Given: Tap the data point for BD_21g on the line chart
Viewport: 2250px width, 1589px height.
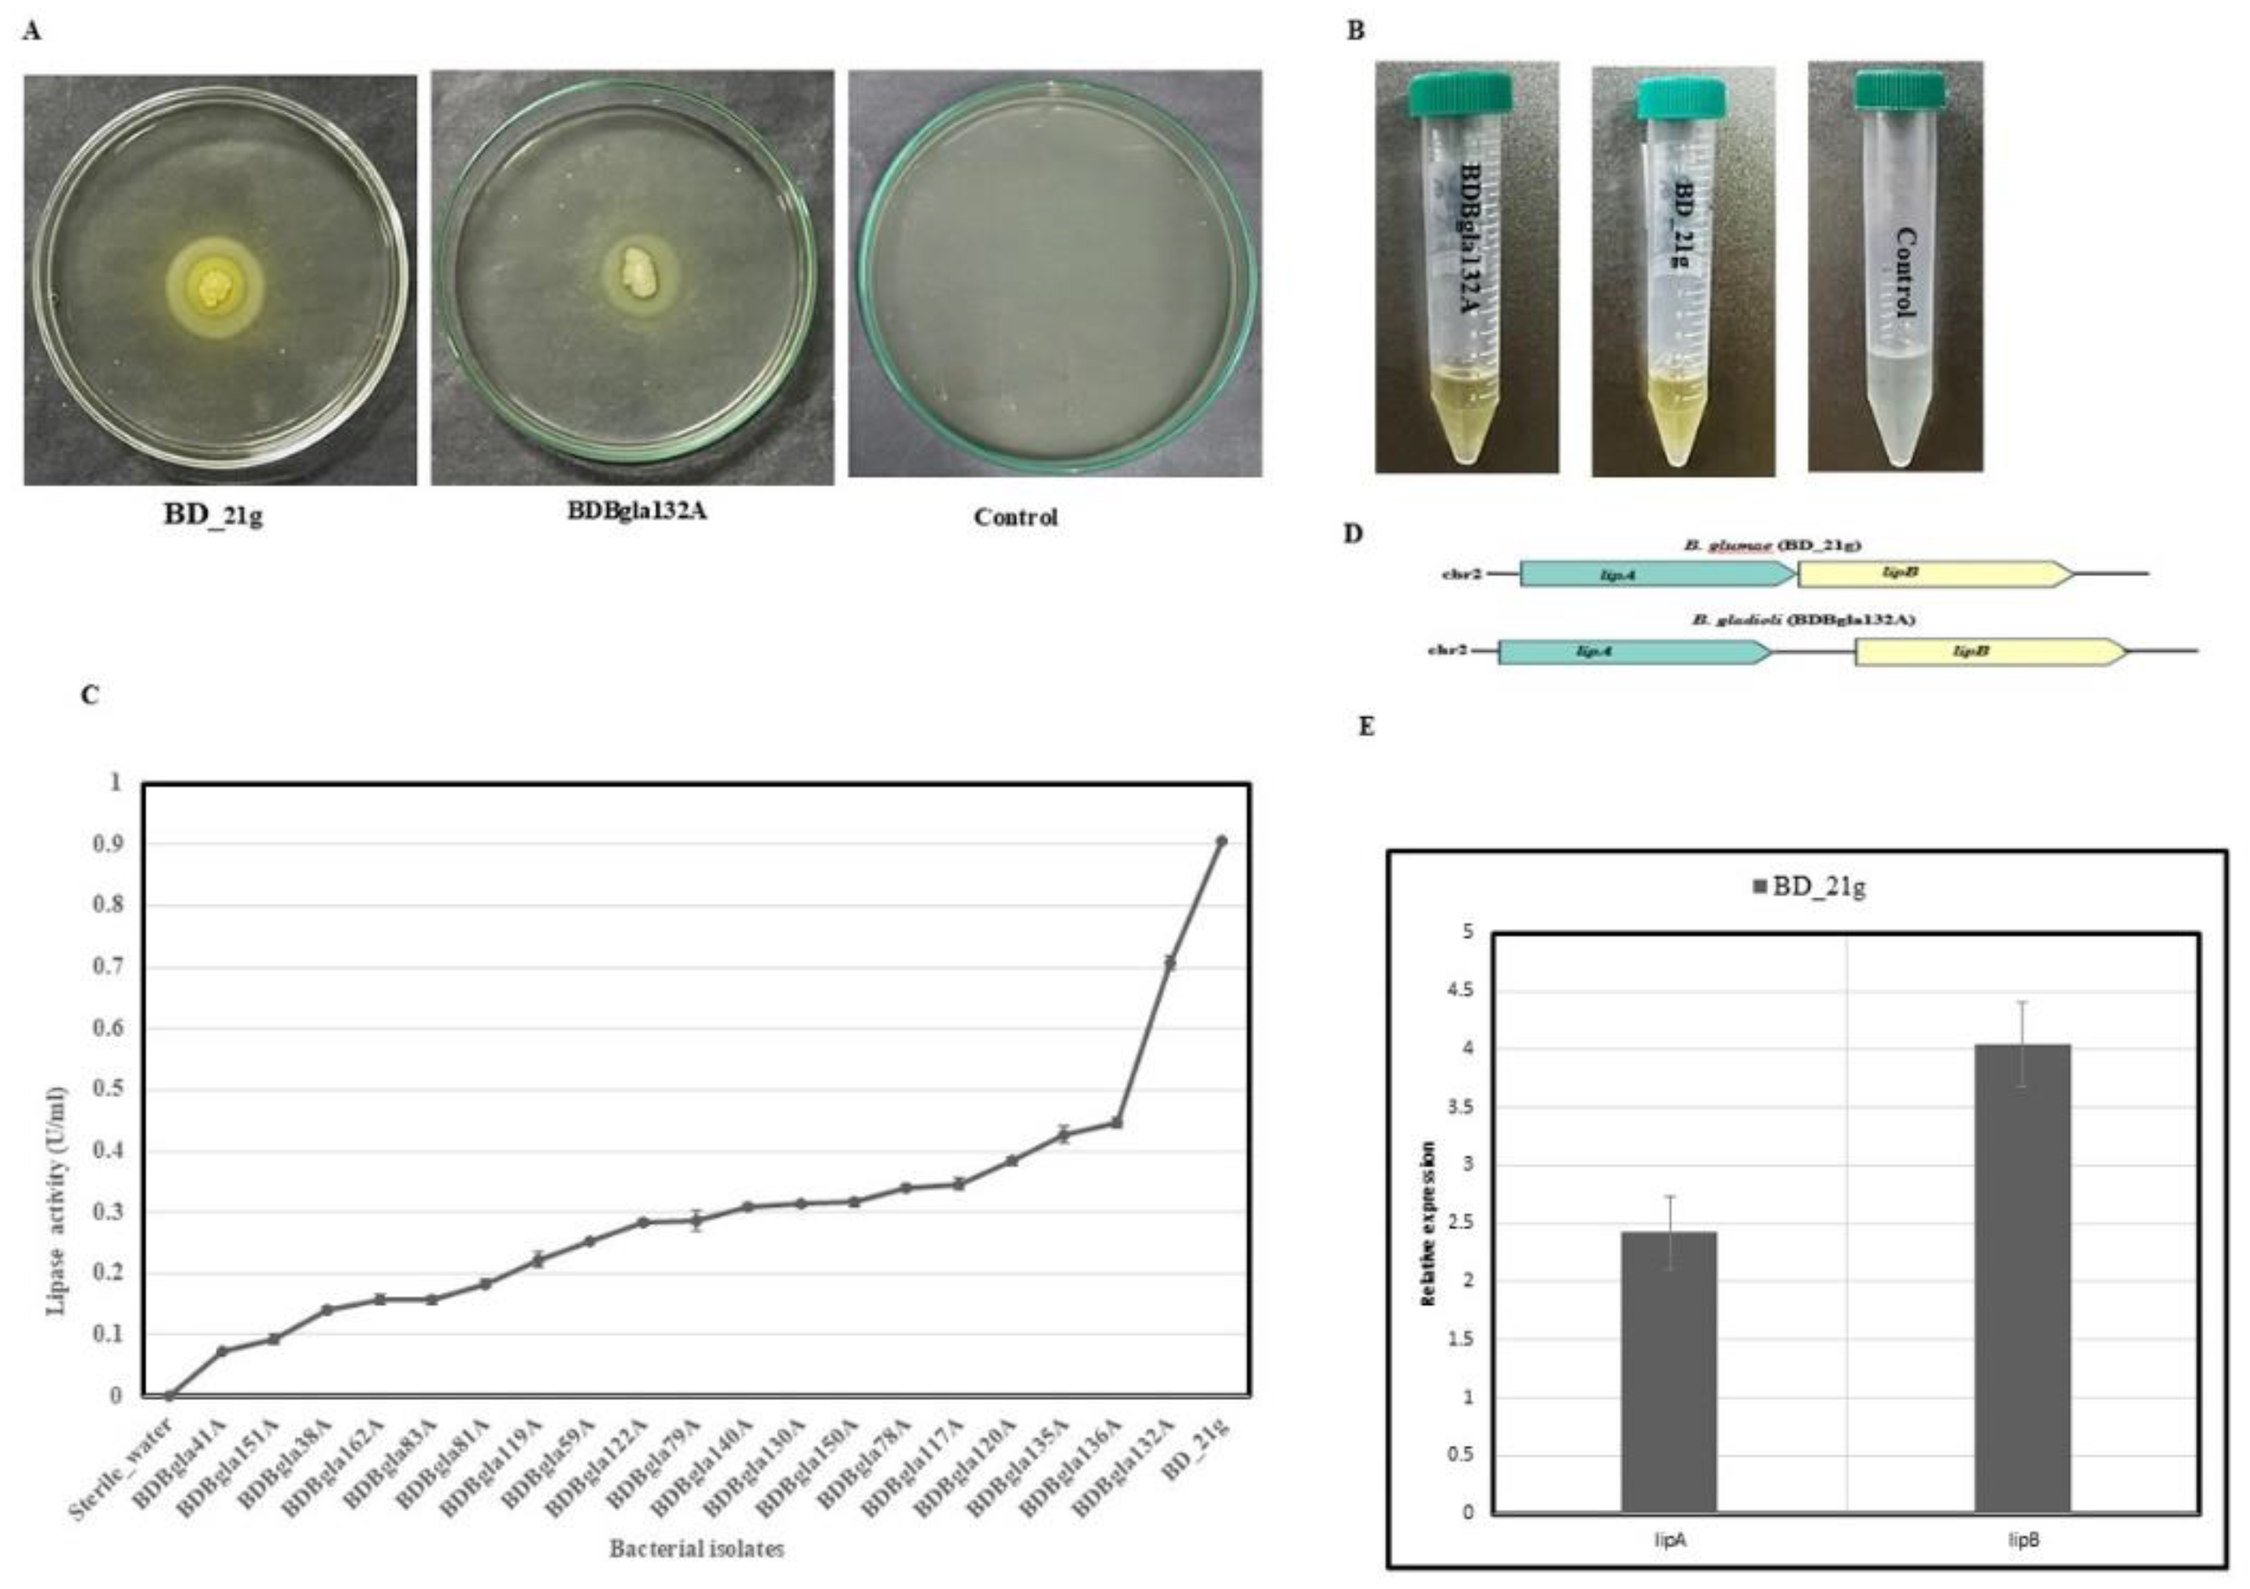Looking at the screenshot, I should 1221,841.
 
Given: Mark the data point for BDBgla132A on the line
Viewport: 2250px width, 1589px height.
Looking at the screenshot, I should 1169,963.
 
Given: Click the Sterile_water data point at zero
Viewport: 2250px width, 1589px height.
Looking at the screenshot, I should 168,1395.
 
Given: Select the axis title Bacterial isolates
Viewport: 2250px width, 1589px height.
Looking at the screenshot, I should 696,1549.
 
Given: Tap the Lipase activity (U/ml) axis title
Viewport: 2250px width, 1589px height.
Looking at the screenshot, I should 57,1201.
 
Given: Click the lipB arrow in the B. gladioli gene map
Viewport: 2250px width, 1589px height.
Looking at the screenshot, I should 1990,652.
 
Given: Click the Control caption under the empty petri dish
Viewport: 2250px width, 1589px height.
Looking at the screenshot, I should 1015,518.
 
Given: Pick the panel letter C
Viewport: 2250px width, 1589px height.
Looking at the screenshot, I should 91,696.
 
